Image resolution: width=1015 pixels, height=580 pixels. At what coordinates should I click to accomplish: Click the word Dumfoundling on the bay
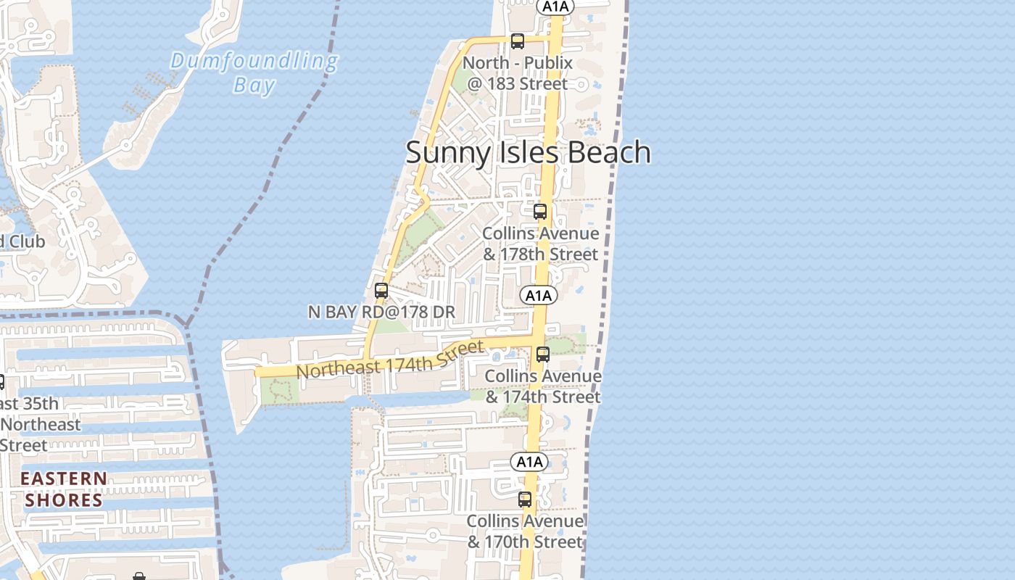click(254, 62)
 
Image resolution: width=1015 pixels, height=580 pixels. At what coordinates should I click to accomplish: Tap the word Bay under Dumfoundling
click(254, 86)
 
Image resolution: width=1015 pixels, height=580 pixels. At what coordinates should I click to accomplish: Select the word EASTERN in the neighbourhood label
click(64, 478)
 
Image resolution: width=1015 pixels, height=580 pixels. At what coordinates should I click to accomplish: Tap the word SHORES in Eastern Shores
click(64, 500)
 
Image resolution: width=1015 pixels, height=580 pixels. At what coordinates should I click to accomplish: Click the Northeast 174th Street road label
click(390, 360)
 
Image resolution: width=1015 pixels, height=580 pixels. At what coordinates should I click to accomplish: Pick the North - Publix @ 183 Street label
click(518, 73)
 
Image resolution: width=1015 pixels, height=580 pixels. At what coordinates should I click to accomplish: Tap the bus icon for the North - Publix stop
click(517, 41)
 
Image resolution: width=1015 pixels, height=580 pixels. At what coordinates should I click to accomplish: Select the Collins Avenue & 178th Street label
click(541, 244)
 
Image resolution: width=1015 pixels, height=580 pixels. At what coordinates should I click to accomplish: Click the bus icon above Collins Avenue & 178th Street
click(539, 212)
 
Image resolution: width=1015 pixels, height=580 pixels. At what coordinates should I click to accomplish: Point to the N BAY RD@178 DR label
click(381, 312)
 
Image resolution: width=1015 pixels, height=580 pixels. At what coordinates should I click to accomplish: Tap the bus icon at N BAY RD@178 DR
click(381, 291)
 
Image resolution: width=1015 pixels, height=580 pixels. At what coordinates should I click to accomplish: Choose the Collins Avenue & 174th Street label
click(542, 386)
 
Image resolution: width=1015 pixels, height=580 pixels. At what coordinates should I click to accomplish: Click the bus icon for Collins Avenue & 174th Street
click(542, 355)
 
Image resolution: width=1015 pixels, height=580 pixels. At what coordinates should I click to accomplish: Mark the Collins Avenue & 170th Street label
click(524, 531)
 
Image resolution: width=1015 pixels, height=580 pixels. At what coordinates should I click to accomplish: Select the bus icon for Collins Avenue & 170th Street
click(524, 500)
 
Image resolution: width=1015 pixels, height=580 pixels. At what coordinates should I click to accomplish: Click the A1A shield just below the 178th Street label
click(538, 295)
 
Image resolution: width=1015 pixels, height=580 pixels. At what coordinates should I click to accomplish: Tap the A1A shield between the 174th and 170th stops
click(529, 462)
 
